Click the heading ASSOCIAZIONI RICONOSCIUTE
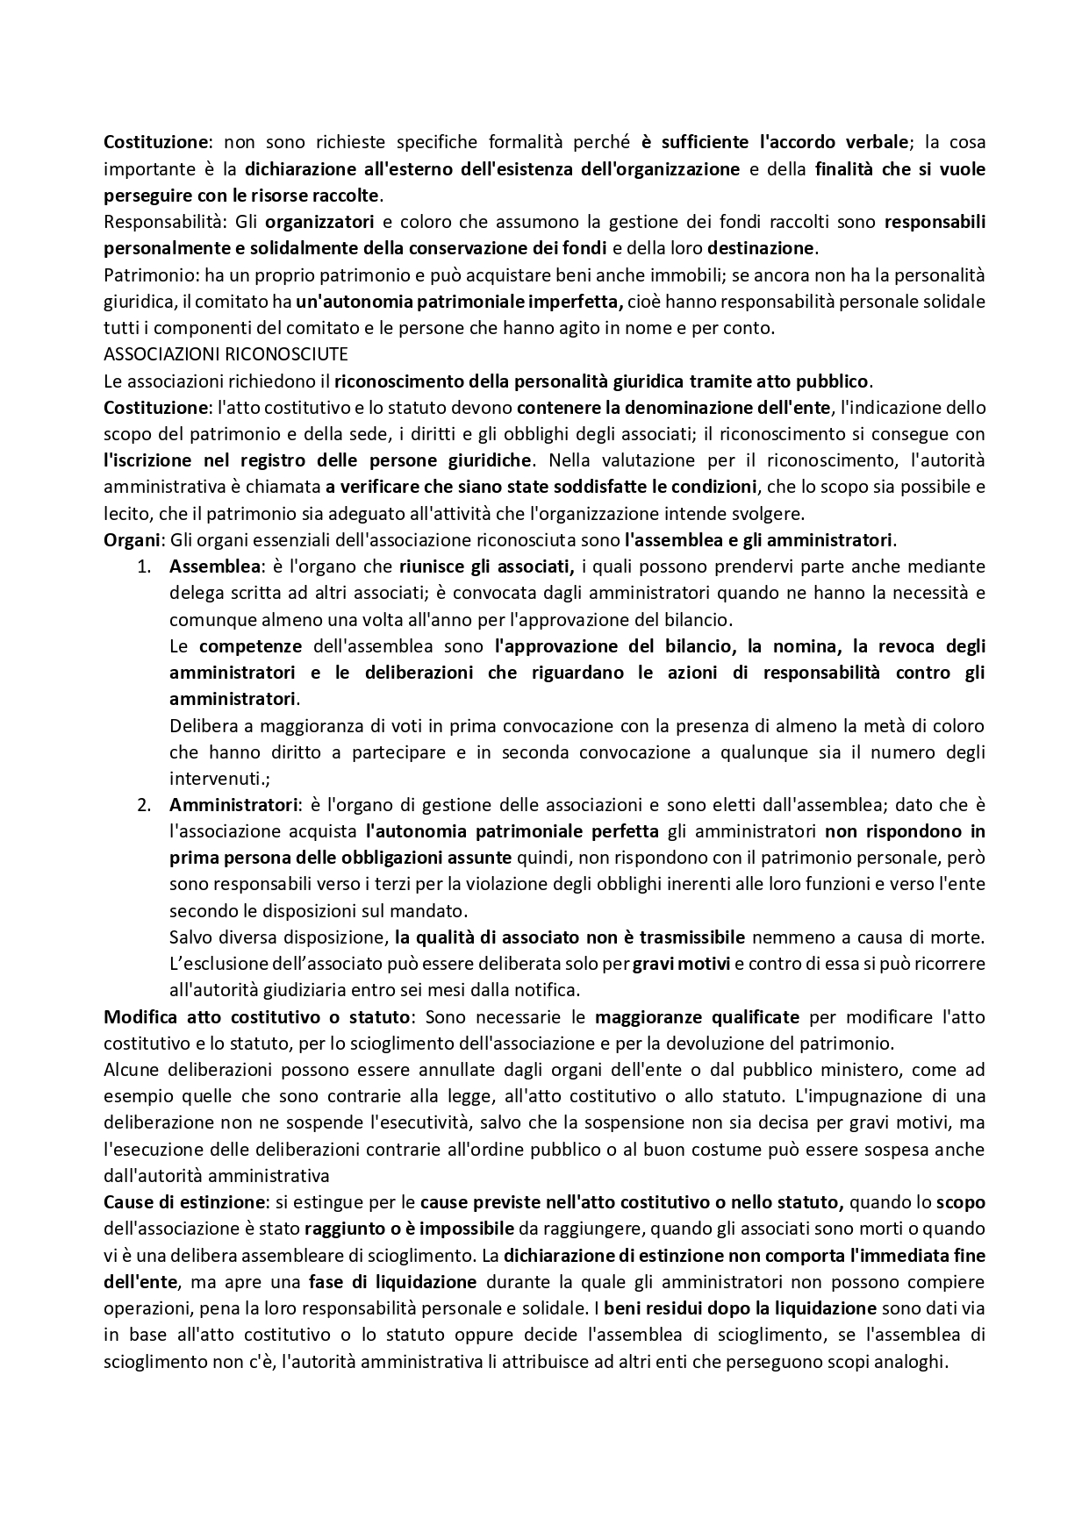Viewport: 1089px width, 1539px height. click(226, 354)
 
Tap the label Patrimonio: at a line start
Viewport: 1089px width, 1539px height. click(152, 275)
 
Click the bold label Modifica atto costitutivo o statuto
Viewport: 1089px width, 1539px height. click(256, 1017)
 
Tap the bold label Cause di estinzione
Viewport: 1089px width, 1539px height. click(183, 1202)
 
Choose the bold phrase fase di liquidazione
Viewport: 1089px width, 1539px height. click(392, 1282)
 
